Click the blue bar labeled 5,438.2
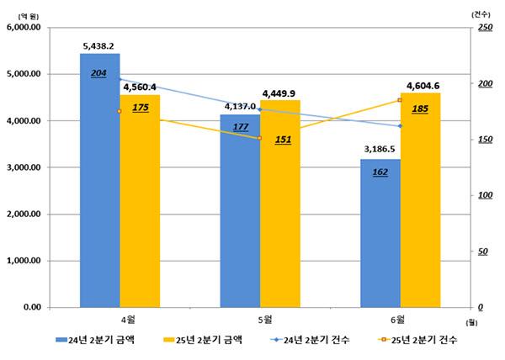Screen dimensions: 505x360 pyautogui.click(x=100, y=180)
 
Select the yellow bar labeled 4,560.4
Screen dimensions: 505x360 pyautogui.click(x=140, y=201)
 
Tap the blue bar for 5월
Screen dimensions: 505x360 pyautogui.click(x=240, y=211)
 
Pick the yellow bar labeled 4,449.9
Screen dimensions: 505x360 pyautogui.click(x=280, y=204)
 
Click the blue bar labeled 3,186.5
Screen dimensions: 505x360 pyautogui.click(x=380, y=233)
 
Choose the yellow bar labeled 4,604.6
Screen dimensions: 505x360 pyautogui.click(x=421, y=200)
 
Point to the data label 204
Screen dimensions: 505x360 pyautogui.click(x=98, y=74)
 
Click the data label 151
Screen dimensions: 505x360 pyautogui.click(x=283, y=140)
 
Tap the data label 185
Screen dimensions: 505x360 pyautogui.click(x=420, y=109)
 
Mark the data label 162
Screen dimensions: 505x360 pyautogui.click(x=380, y=172)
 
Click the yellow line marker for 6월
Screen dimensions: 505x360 pyautogui.click(x=400, y=100)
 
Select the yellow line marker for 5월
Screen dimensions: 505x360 pyautogui.click(x=259, y=138)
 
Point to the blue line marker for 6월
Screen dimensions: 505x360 pyautogui.click(x=401, y=126)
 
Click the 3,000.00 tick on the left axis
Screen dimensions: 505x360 pyautogui.click(x=24, y=167)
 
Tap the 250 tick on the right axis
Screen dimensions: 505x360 pyautogui.click(x=485, y=28)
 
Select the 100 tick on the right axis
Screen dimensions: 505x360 pyautogui.click(x=485, y=195)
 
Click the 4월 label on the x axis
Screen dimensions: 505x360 pyautogui.click(x=128, y=320)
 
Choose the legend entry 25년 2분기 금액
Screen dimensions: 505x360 pyautogui.click(x=203, y=340)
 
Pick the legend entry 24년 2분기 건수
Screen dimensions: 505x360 pyautogui.click(x=311, y=340)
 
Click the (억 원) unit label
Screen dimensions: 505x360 pyautogui.click(x=29, y=17)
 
